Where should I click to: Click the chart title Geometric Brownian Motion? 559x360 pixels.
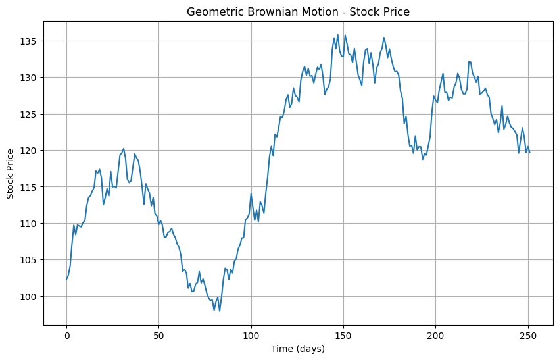[x=298, y=12]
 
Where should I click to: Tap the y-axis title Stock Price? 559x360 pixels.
[x=11, y=173]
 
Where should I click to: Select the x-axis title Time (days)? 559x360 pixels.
[x=298, y=349]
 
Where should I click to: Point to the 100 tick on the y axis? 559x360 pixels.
[x=30, y=297]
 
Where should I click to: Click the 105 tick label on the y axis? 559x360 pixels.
[x=30, y=260]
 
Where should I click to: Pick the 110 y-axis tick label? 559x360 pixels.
[x=30, y=224]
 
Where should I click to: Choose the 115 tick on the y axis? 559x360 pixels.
[x=30, y=187]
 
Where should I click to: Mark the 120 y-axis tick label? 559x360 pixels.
[x=30, y=151]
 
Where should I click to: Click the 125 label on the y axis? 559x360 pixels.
[x=30, y=114]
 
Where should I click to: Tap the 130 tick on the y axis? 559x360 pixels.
[x=30, y=78]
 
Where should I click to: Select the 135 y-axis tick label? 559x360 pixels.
[x=30, y=41]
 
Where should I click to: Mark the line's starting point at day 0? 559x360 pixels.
[x=66, y=280]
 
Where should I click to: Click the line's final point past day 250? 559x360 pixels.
[x=530, y=153]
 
